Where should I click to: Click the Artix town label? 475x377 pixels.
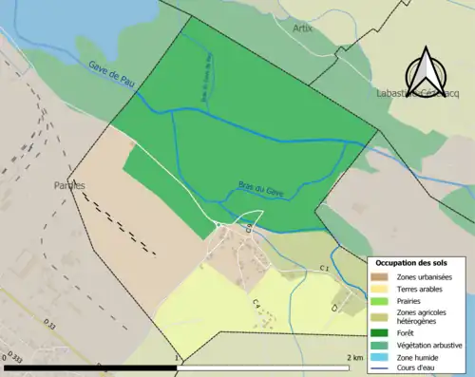point(303,28)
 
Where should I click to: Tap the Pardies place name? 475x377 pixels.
point(69,185)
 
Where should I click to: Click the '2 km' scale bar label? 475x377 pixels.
point(353,357)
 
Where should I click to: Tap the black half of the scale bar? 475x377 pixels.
point(91,367)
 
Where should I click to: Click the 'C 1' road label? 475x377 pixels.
point(324,269)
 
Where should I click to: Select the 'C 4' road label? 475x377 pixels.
point(256,303)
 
